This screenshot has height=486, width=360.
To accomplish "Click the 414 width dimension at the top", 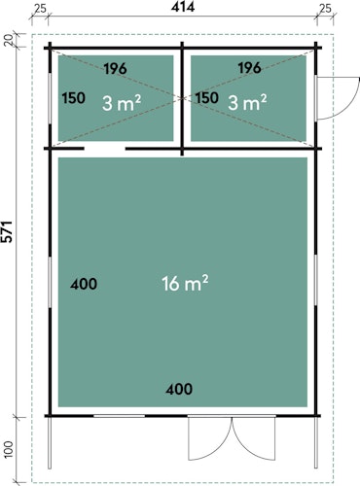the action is coord(183,7).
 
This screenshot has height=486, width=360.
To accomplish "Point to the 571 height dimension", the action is coord(7,231).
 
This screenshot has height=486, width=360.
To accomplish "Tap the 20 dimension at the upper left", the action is coord(9,40).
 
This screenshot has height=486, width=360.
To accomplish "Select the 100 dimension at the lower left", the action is coord(9,449).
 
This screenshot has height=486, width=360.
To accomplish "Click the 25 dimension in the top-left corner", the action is coord(40,8).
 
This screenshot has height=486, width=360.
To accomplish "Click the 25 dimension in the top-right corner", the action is coord(325,8).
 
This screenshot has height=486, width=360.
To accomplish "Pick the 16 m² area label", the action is coord(185,283).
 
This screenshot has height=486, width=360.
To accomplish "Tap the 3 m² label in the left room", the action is coord(122,103).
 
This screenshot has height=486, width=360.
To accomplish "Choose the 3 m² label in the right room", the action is coord(247,103).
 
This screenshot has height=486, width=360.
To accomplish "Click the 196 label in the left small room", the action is coord(116,69).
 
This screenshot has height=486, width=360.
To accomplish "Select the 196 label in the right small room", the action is coord(249,68).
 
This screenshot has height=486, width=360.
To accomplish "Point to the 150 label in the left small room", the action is coord(74,98).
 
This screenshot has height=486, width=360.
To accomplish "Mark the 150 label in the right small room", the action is coord(207,98).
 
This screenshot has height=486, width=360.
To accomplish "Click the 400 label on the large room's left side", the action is coord(84,284).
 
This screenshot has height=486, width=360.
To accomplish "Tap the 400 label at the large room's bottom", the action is coord(179,389).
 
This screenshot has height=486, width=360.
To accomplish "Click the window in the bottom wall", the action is coord(119,416).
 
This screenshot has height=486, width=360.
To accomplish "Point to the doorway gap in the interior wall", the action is coord(105,149).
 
